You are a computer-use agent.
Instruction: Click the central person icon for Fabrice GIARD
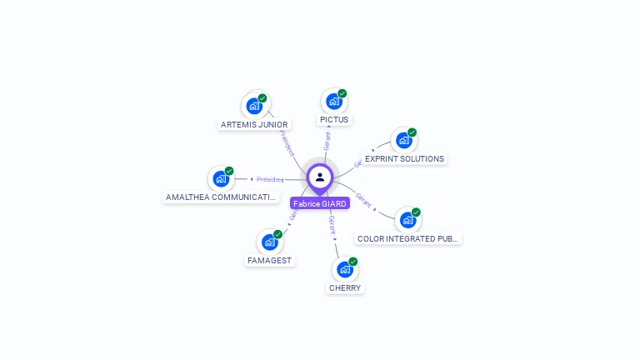tap(320, 177)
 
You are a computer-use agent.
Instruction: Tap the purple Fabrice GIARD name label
tap(320, 203)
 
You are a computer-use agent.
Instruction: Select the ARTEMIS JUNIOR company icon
tap(254, 106)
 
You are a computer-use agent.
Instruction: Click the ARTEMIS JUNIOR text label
tap(254, 125)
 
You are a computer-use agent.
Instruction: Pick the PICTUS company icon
tap(334, 102)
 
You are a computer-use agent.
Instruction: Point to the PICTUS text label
tap(334, 120)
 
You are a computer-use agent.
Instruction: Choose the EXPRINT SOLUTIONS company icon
tap(404, 141)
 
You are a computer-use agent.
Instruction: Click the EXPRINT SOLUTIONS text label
tap(404, 159)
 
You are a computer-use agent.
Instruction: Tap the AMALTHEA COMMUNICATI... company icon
tap(221, 178)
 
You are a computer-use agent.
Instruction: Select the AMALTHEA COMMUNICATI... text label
tap(221, 197)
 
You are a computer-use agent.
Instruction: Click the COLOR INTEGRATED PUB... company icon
tap(407, 220)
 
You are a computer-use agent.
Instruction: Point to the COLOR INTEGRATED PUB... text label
tap(407, 239)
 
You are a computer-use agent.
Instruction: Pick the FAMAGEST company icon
tap(270, 242)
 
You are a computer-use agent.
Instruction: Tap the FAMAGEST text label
tap(270, 261)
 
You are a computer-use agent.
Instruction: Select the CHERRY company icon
tap(345, 269)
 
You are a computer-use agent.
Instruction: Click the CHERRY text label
tap(345, 288)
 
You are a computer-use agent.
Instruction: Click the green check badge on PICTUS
tap(342, 93)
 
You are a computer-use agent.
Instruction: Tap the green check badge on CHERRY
tap(353, 262)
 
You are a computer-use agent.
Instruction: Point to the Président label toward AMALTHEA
tap(269, 179)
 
